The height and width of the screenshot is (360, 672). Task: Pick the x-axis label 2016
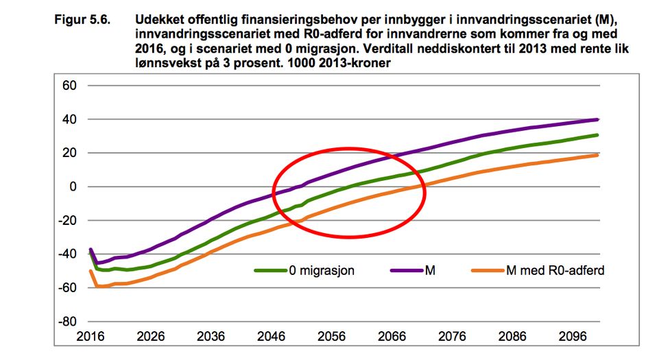click(x=91, y=337)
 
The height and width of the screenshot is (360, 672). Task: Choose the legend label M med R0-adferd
click(x=555, y=271)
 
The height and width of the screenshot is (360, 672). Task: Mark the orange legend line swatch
click(x=488, y=271)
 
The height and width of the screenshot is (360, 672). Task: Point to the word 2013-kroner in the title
click(x=360, y=63)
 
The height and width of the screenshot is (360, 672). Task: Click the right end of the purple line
click(x=597, y=119)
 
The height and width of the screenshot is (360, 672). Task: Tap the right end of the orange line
click(x=597, y=155)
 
